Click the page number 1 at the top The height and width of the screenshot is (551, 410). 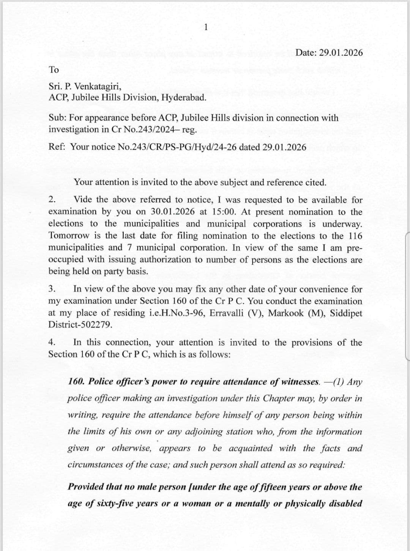click(x=205, y=27)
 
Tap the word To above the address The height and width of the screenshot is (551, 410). click(x=54, y=70)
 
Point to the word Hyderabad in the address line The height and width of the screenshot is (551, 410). click(x=184, y=98)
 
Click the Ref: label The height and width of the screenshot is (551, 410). click(x=57, y=147)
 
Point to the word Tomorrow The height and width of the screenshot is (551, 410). click(x=69, y=236)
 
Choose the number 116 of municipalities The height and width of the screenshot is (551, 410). click(x=355, y=236)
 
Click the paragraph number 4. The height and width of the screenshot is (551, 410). click(x=52, y=343)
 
